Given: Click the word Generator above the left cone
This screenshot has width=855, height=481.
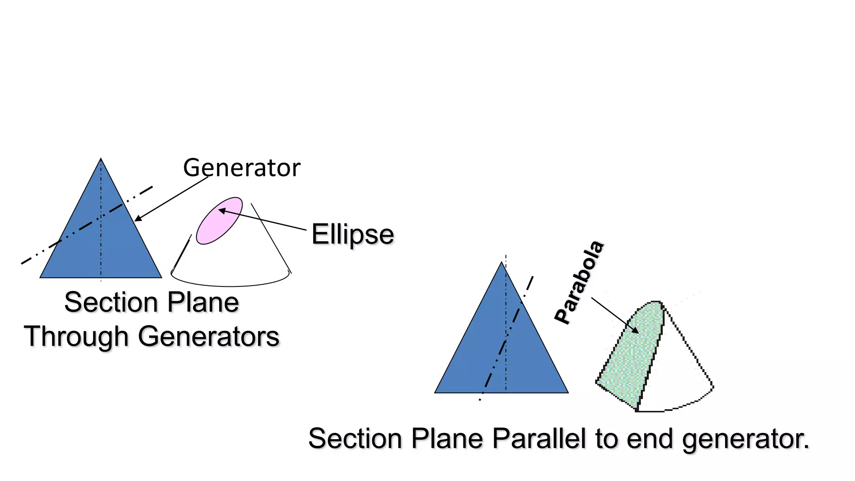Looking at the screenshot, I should click(x=241, y=168).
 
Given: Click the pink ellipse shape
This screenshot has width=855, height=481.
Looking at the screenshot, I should click(x=219, y=220).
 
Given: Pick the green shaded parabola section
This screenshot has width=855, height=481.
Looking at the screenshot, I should click(x=630, y=355).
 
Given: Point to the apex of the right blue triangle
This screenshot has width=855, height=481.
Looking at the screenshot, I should click(x=502, y=263).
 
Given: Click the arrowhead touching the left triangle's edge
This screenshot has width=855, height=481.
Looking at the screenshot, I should click(x=137, y=219).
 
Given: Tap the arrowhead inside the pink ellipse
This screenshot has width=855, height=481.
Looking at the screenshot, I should click(x=221, y=210).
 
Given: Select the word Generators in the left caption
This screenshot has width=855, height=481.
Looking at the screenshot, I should click(x=208, y=337).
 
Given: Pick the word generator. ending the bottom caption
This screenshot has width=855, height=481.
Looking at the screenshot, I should click(x=746, y=439).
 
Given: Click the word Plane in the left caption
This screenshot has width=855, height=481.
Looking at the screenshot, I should click(x=203, y=302).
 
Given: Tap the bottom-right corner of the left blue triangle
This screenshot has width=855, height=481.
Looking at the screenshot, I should click(x=161, y=277).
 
